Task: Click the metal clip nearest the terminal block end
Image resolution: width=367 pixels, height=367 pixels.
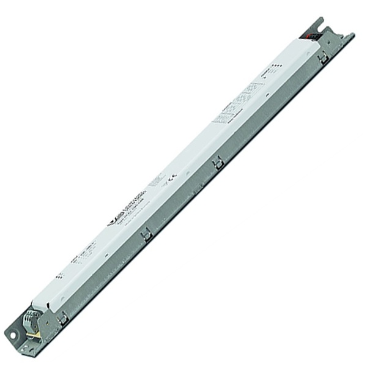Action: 62,317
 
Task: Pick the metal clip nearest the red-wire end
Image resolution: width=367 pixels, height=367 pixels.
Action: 322,57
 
